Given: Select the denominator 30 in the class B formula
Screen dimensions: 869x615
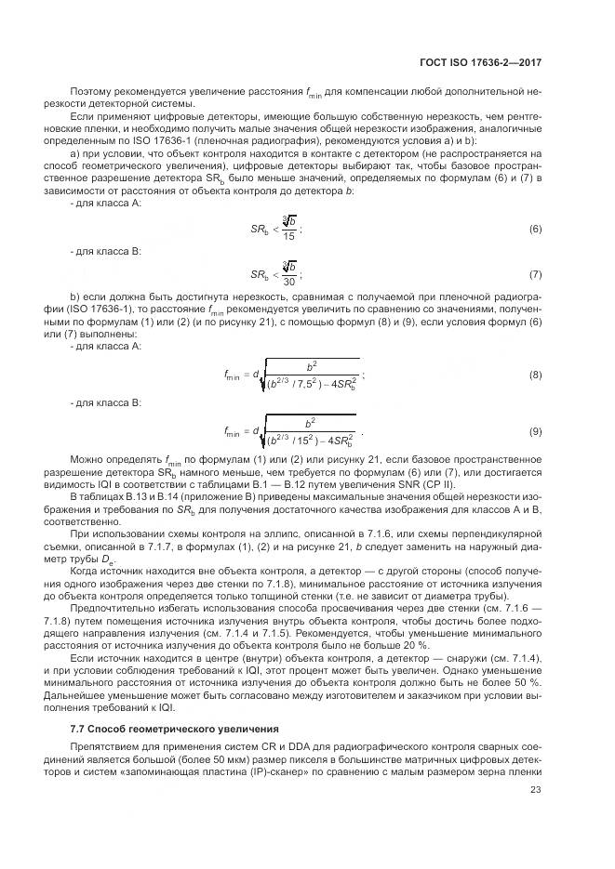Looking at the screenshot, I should [x=290, y=283].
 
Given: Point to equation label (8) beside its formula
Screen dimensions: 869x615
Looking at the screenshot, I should [x=535, y=375].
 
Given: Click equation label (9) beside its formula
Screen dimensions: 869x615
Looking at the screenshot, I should [x=535, y=432].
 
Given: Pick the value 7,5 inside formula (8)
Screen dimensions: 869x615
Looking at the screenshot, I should [x=300, y=382].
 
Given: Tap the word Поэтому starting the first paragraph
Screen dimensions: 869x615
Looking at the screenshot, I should [x=90, y=93].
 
